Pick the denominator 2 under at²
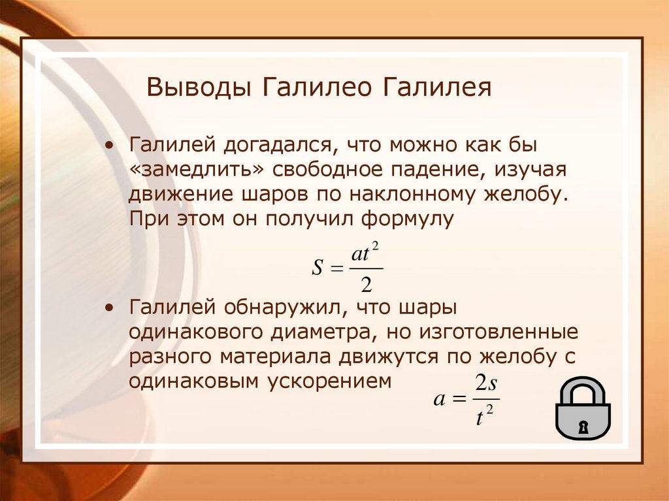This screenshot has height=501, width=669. pyautogui.click(x=366, y=284)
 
